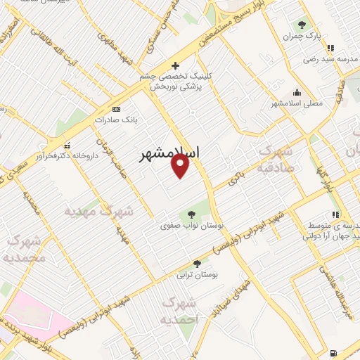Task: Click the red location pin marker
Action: (x=181, y=165)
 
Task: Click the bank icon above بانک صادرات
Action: (x=116, y=109)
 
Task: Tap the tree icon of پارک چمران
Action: (x=302, y=26)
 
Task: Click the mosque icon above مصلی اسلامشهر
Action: (x=297, y=91)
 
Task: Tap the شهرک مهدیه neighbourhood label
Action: (x=98, y=210)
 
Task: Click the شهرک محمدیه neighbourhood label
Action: (x=23, y=250)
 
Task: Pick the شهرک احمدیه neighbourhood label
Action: (x=181, y=310)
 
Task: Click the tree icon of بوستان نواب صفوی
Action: (x=191, y=215)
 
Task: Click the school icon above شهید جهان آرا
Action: (x=335, y=214)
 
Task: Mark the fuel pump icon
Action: (x=332, y=352)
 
